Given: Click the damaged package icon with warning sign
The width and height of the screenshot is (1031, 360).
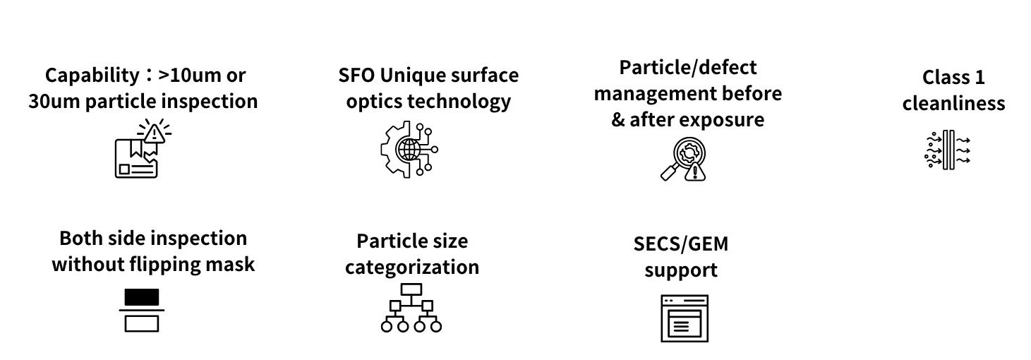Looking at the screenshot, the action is point(143,148).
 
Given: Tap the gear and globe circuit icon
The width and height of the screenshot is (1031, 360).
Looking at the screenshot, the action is point(409,149).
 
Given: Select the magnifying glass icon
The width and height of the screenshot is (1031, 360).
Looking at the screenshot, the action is point(683,159).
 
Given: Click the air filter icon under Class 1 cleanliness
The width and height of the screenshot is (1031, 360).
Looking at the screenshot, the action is point(948,150).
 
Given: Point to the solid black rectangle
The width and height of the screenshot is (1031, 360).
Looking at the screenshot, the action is point(142,297).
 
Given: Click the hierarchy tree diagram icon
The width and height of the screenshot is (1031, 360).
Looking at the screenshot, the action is point(411,308).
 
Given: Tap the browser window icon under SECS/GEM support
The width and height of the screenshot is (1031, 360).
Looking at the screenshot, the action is point(685,318).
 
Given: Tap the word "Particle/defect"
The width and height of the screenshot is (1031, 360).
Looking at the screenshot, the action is point(687,68).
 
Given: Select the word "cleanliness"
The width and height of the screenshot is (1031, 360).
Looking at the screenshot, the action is point(953,103).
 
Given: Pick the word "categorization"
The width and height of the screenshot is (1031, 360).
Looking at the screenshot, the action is point(412,267).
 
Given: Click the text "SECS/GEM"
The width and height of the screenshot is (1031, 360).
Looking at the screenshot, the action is point(681,244).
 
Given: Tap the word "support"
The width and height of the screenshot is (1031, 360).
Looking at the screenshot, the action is point(681,270).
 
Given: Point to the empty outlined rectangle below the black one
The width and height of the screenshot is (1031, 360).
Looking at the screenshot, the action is point(142,323).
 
